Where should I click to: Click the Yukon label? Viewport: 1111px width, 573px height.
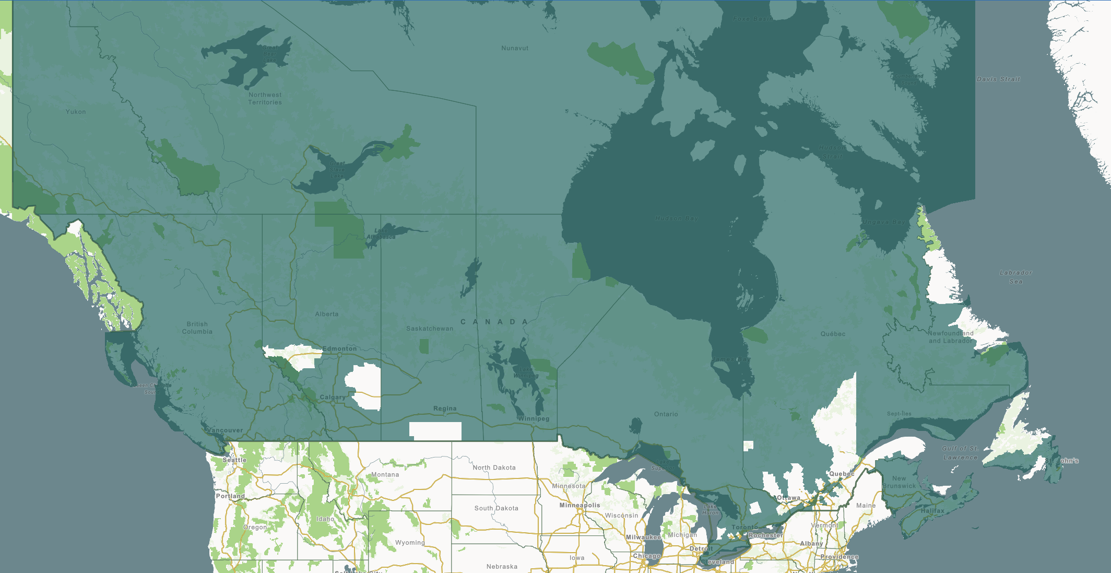[76, 112]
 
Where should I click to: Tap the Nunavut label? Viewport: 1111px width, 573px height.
[515, 48]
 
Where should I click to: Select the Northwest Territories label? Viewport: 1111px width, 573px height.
[265, 99]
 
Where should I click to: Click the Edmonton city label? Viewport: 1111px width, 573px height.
[339, 348]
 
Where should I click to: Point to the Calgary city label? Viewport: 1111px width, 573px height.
[333, 397]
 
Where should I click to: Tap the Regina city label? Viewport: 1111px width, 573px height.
[445, 408]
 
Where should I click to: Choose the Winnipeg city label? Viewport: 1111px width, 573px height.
[534, 418]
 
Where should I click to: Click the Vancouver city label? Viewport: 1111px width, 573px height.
[225, 430]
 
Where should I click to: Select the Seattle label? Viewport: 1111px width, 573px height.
[234, 460]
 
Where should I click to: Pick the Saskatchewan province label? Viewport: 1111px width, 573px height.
[430, 329]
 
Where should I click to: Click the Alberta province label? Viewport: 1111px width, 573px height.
[327, 314]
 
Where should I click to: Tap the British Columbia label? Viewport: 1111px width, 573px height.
[197, 328]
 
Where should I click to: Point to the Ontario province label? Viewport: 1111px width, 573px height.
[666, 414]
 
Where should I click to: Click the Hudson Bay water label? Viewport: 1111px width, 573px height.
[677, 218]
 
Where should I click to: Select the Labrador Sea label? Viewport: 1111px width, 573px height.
[1015, 277]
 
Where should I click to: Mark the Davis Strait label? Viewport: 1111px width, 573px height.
[998, 79]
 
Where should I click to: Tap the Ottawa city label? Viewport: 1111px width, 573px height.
[788, 498]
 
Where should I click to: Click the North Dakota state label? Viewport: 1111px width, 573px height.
[494, 467]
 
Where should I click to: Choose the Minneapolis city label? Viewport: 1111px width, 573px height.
[580, 505]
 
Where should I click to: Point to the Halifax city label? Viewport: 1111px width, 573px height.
[932, 511]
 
